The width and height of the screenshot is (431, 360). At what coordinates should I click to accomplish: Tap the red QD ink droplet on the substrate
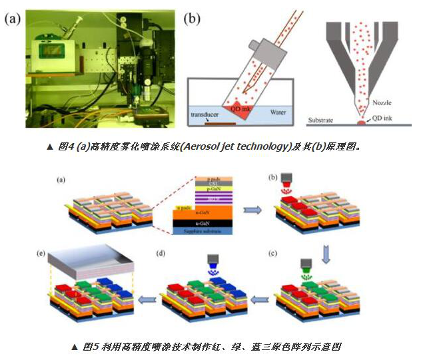tap(362, 123)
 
